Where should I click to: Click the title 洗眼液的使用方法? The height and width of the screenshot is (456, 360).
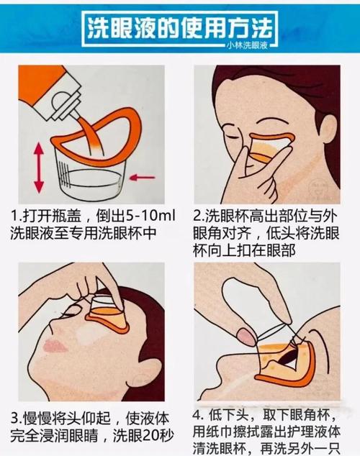[x=180, y=29]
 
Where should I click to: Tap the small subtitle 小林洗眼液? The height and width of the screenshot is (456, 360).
[x=248, y=45]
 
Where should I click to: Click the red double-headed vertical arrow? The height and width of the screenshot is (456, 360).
[x=39, y=168]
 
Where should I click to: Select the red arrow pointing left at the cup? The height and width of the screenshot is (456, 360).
[x=143, y=177]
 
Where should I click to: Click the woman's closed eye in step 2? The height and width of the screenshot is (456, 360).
[x=233, y=136]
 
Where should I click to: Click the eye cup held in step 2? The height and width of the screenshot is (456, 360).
[x=271, y=147]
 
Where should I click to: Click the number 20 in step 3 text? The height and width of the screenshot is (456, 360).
[x=150, y=436]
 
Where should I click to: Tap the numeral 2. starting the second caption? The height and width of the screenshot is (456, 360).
[x=199, y=216]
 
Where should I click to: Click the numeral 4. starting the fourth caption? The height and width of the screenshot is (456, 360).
[x=199, y=415]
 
